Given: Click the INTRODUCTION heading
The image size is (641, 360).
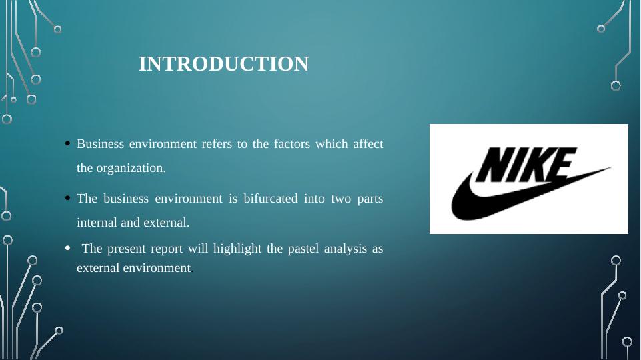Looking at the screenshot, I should click(x=223, y=64).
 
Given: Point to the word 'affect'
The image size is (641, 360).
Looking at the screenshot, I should click(x=368, y=144).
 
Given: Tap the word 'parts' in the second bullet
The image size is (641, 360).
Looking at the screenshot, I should click(x=370, y=199).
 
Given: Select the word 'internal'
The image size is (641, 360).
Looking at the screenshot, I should click(x=97, y=223).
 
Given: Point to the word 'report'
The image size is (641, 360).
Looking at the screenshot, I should click(x=169, y=249).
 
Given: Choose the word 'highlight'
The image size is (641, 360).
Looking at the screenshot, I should click(x=237, y=249).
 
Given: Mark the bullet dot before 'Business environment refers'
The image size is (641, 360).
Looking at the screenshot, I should click(x=69, y=144).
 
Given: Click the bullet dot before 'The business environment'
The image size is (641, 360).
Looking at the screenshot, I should click(x=69, y=198).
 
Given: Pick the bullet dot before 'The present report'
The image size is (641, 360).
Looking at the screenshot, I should click(x=69, y=249).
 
